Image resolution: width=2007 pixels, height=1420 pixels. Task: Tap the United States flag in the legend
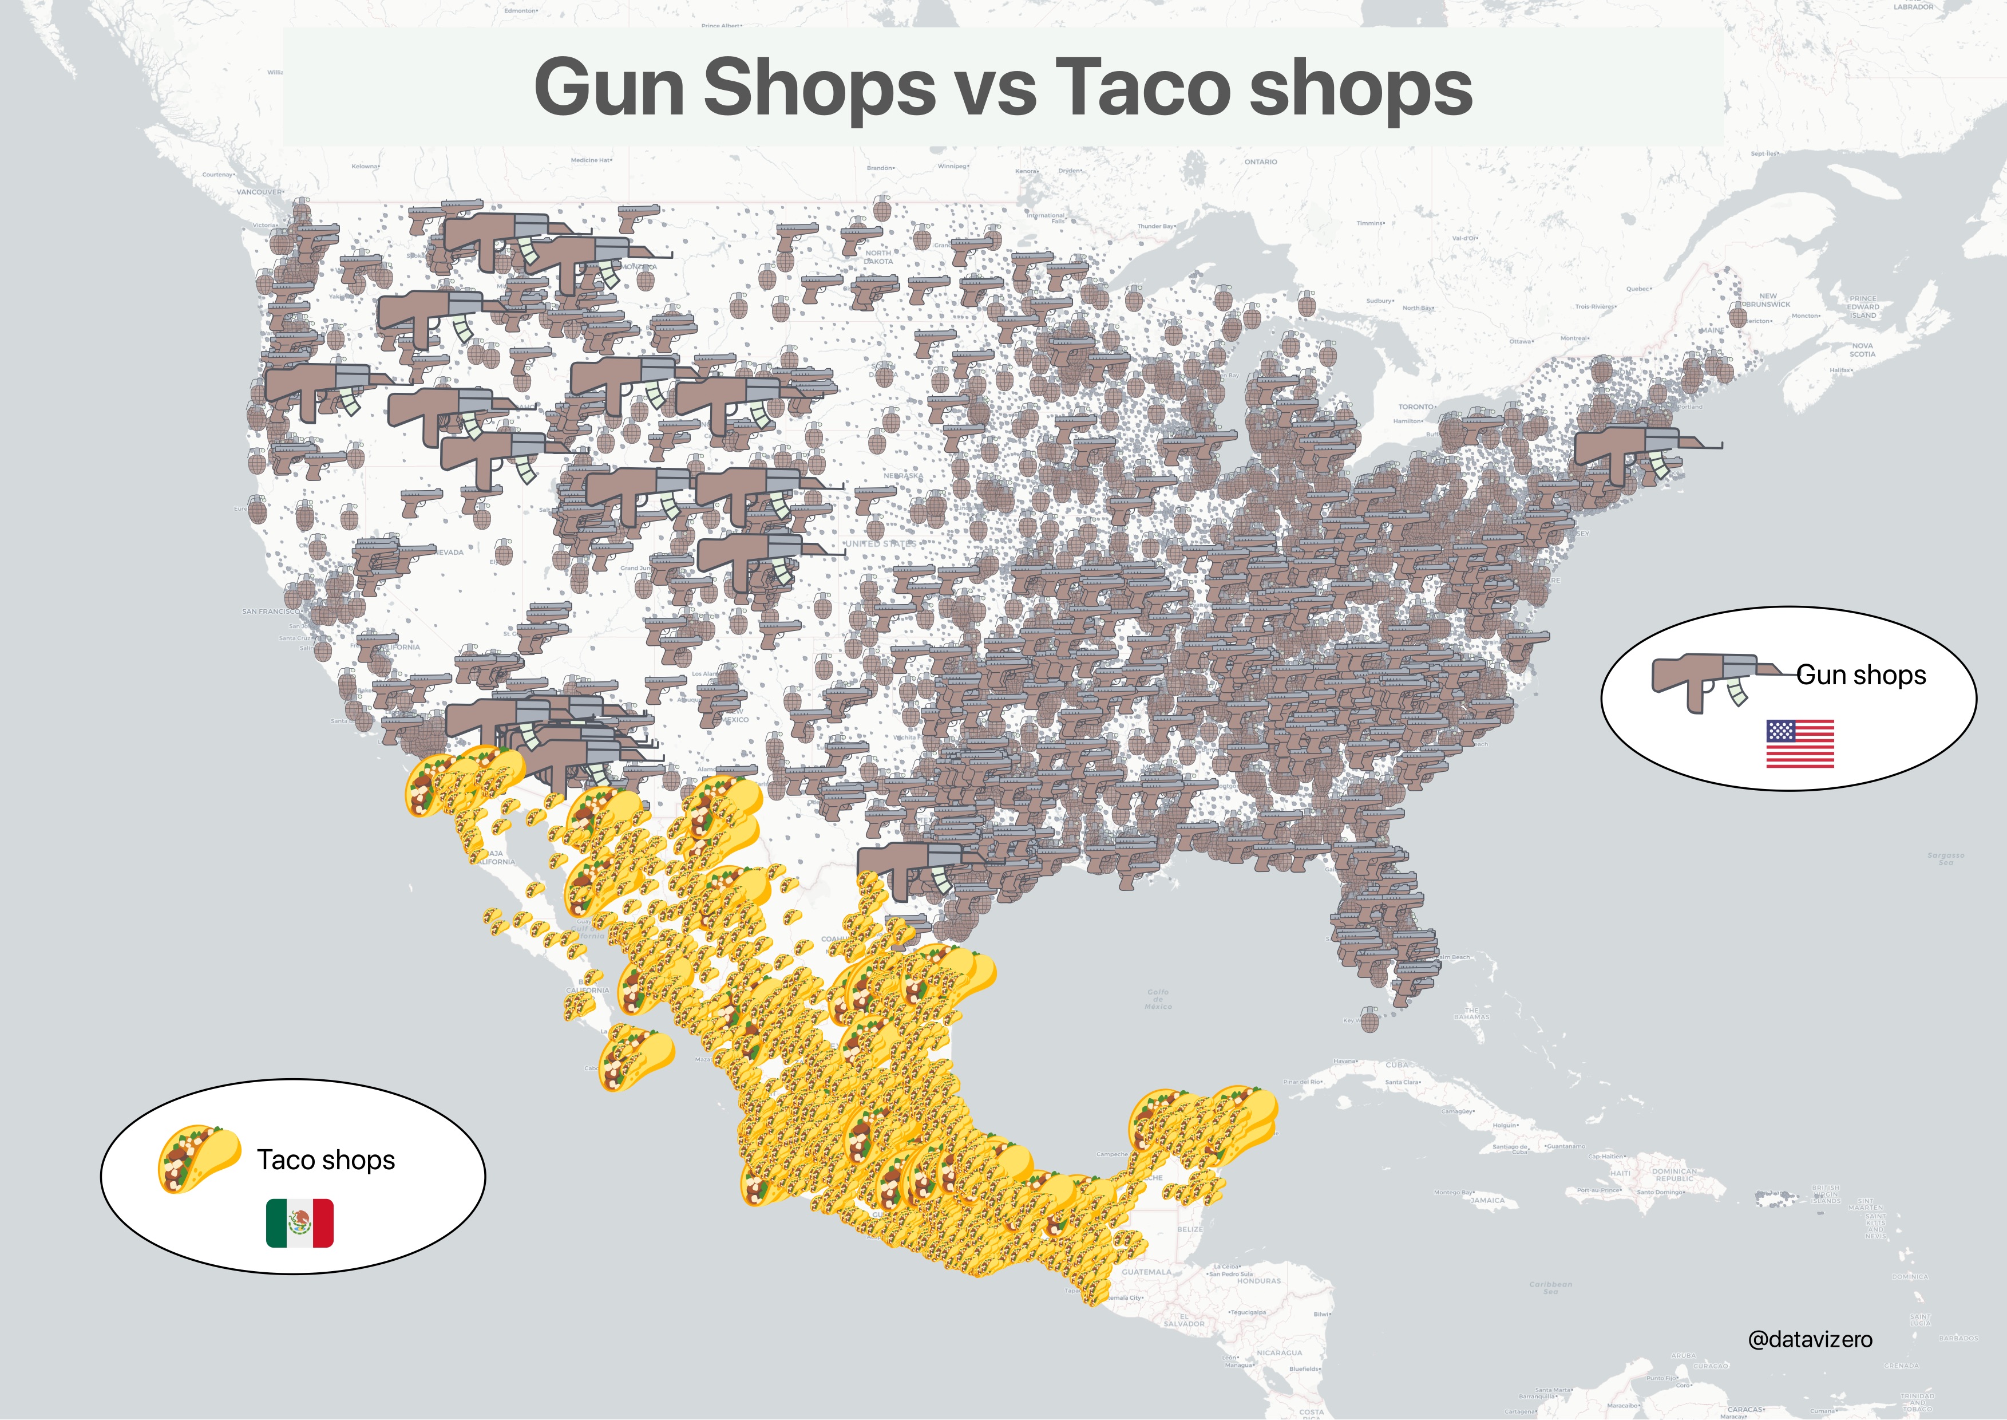(1800, 743)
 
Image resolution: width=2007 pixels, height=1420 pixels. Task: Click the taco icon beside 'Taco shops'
(199, 1158)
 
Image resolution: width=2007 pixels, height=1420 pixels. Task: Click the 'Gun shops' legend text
(1861, 675)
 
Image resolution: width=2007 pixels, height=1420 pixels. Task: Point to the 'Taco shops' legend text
(326, 1159)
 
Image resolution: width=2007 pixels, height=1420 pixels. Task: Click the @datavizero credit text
(1810, 1339)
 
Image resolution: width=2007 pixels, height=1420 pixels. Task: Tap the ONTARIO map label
(1261, 162)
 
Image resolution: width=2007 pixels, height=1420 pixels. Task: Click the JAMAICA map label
(1488, 1201)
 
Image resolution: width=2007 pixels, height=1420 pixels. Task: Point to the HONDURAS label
(1259, 1281)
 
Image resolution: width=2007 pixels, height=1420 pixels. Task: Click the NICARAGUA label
(1279, 1352)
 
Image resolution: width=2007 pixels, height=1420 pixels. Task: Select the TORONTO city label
(1416, 407)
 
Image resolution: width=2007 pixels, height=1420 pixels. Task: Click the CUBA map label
(1397, 1065)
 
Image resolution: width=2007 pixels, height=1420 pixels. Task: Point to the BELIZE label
(1190, 1229)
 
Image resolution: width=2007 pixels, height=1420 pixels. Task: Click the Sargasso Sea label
(1946, 859)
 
